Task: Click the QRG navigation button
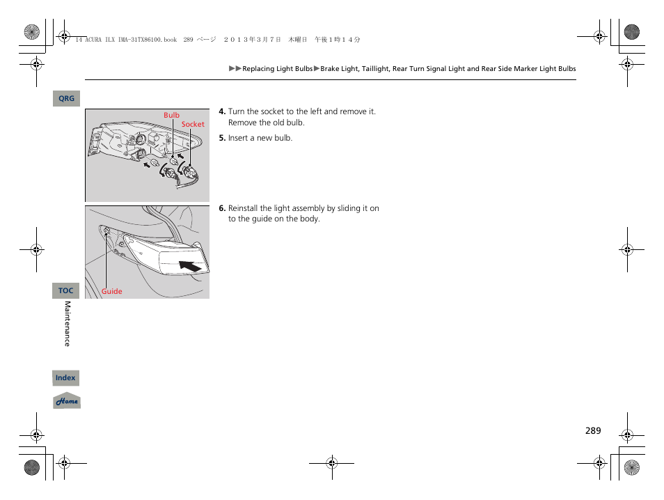[66, 99]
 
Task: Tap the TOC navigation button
[66, 290]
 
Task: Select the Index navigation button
[66, 378]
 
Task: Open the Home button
[67, 401]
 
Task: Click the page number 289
[592, 431]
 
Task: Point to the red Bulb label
[171, 116]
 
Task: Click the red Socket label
[193, 125]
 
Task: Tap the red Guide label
[111, 292]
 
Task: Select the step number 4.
[221, 111]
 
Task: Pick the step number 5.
[221, 138]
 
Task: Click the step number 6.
[221, 208]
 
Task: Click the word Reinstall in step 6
[244, 208]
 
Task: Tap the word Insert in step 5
[238, 138]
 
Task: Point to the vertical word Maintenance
[68, 324]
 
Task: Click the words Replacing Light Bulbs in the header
[277, 69]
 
